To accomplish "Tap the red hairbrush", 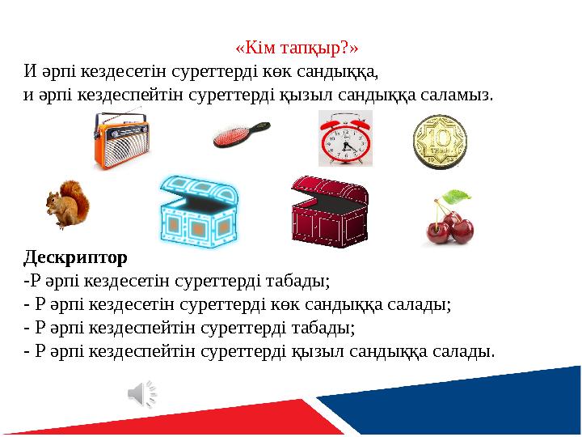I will click(x=241, y=134).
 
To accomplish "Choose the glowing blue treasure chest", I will click(x=199, y=210).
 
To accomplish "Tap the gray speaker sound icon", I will click(x=141, y=393).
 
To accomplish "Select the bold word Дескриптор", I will click(x=75, y=258).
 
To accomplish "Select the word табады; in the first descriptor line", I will click(x=297, y=282).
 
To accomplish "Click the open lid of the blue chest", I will click(x=199, y=188).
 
